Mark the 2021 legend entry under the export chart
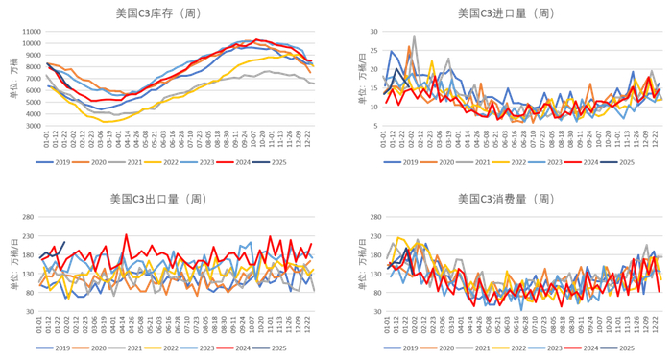tap(136, 350)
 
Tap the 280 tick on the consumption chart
tap(370, 217)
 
